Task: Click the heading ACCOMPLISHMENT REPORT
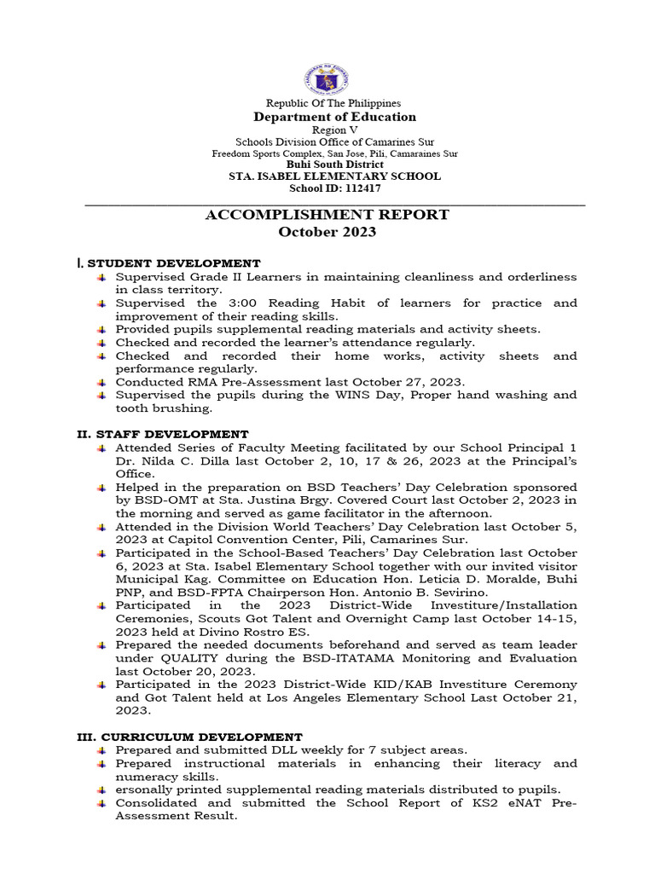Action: (327, 215)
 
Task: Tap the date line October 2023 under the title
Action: (327, 232)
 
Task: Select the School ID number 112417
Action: (363, 188)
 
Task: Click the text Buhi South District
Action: (327, 165)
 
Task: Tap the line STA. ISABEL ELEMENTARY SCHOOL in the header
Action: (327, 176)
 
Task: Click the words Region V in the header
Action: (327, 129)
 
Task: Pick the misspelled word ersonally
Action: (147, 789)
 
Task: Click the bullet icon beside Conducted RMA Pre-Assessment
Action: (101, 382)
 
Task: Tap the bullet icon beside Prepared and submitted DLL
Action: (101, 749)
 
